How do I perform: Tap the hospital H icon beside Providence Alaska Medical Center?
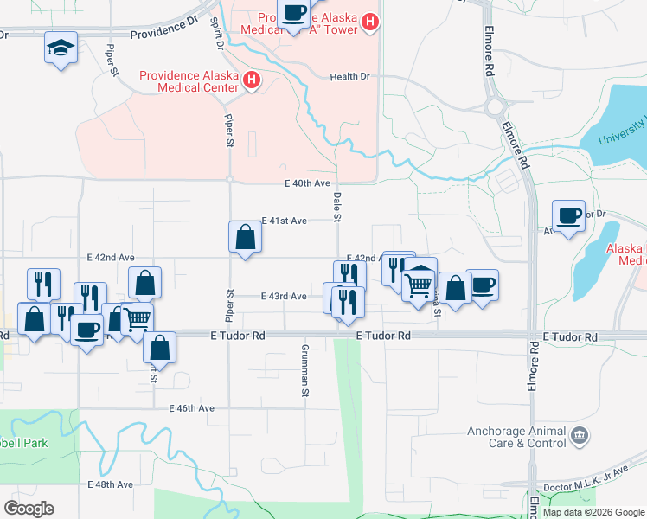[252, 80]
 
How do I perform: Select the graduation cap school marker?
[61, 48]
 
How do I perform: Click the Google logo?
[29, 509]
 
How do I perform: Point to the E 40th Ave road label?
[309, 183]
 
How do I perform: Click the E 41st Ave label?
[285, 221]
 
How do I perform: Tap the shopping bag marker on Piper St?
[245, 237]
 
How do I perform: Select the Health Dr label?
[349, 77]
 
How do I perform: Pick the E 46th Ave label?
[191, 407]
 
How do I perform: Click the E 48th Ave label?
[111, 484]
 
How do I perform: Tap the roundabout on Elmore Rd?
[495, 107]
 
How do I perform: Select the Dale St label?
[337, 207]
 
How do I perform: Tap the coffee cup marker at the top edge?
[293, 12]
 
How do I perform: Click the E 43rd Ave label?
[285, 296]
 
